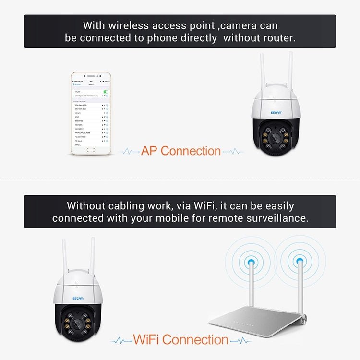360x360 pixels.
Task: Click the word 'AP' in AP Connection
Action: [x=149, y=151]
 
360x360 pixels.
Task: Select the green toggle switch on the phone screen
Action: [x=106, y=91]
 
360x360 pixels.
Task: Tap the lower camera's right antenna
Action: [x=92, y=257]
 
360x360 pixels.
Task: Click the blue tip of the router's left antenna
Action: [x=250, y=263]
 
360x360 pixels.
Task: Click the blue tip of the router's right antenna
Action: [x=300, y=262]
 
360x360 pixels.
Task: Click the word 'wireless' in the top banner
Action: [x=125, y=25]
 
